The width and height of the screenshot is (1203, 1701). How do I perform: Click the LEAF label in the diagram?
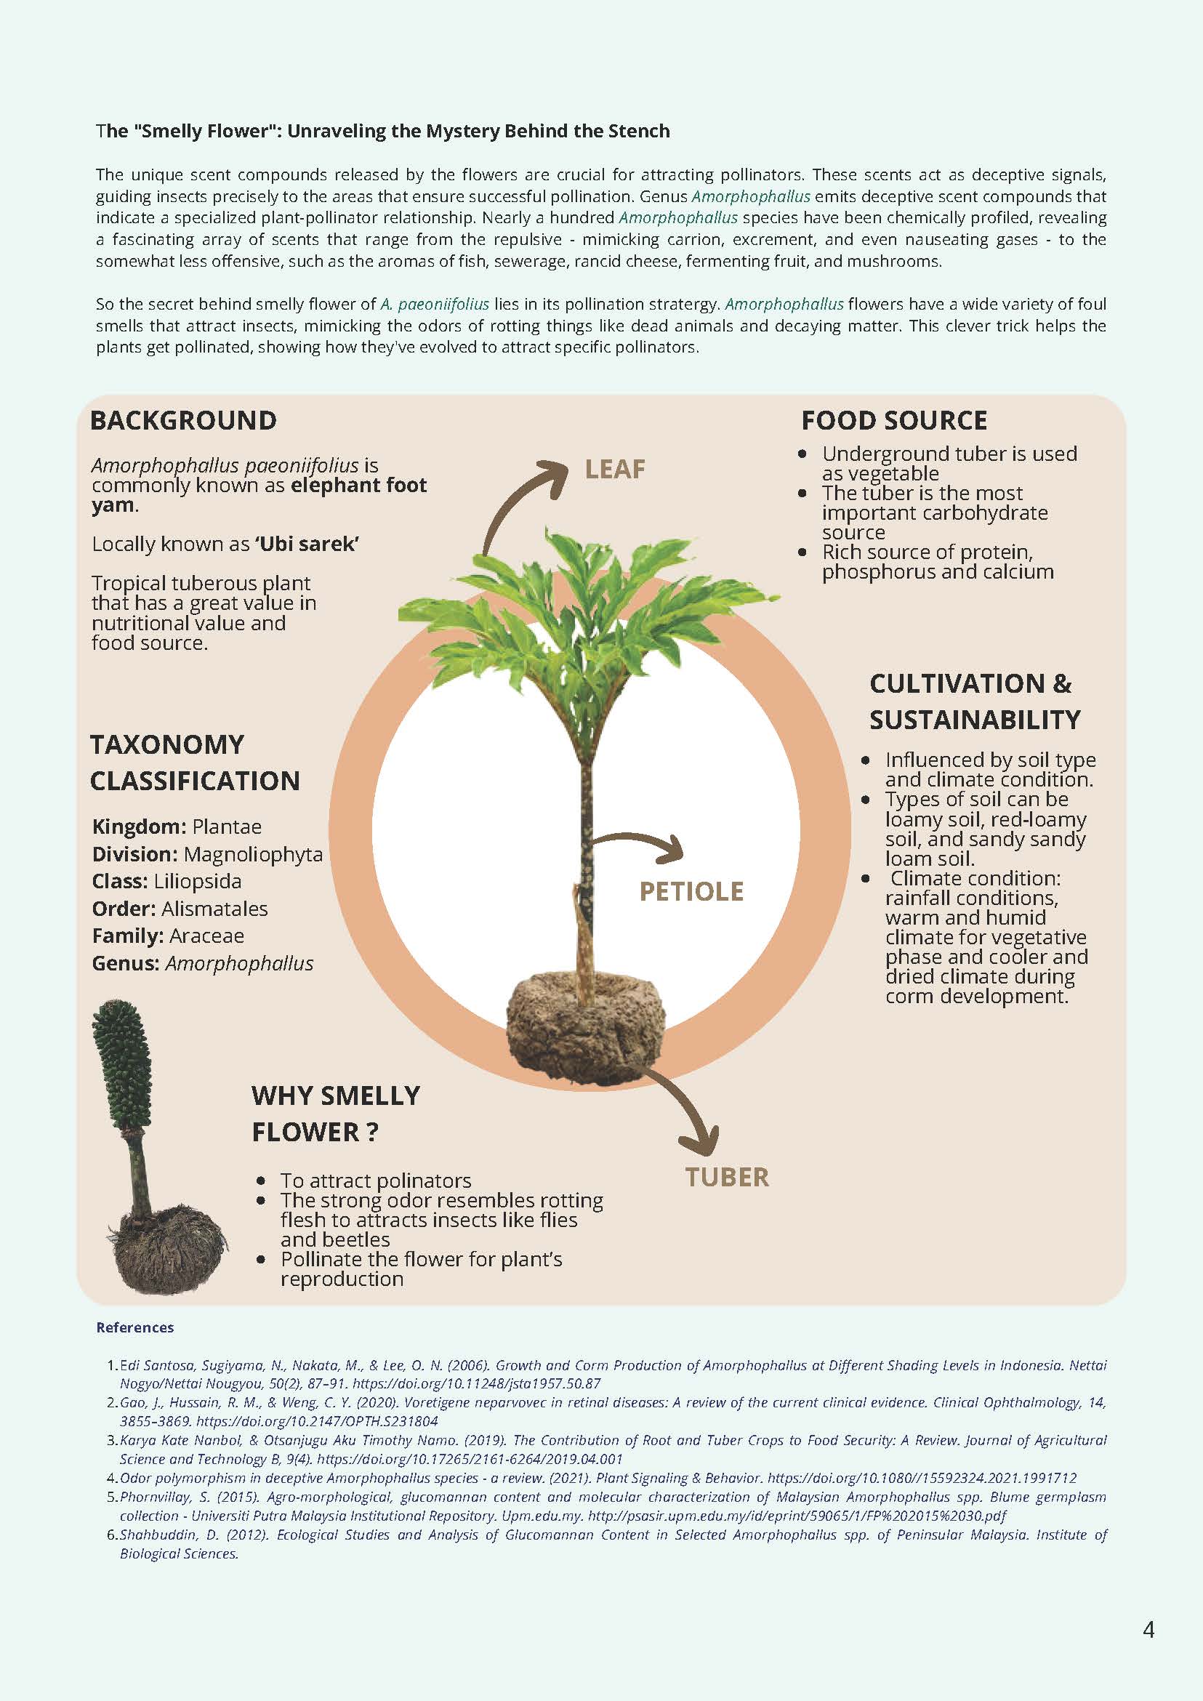[x=614, y=469]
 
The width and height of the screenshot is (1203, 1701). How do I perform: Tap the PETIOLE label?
[x=691, y=891]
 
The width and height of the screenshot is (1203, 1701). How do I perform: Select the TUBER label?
[x=726, y=1177]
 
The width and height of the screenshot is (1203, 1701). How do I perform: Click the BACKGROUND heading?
[x=183, y=421]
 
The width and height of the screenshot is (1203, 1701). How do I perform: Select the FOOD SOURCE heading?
[x=893, y=421]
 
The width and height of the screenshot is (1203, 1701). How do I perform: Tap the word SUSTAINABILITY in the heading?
[x=974, y=720]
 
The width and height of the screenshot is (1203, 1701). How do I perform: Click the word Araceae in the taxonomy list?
[x=206, y=936]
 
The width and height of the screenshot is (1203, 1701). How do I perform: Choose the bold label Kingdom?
[x=140, y=827]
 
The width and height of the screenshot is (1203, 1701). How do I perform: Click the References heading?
[x=134, y=1327]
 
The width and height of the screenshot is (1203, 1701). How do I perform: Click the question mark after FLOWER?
[x=372, y=1132]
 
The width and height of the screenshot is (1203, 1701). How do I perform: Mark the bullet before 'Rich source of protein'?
[x=802, y=552]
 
